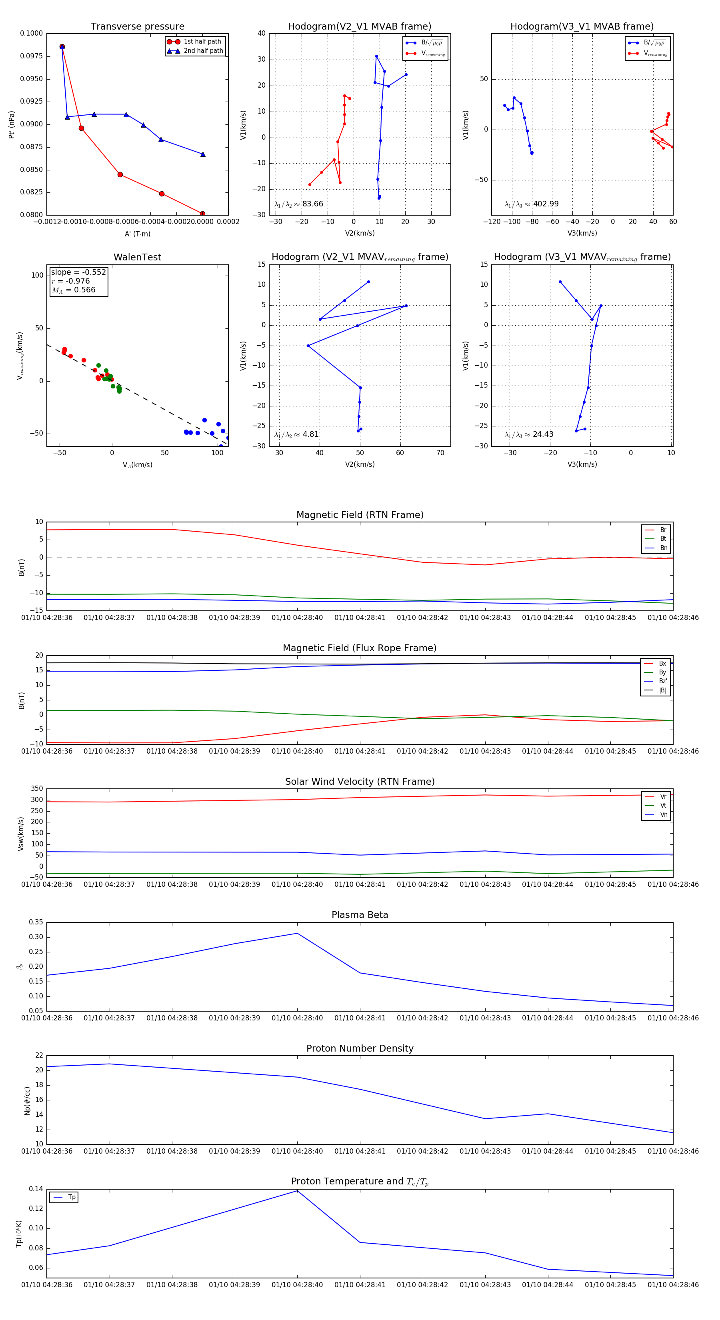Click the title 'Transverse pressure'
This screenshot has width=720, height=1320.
[137, 27]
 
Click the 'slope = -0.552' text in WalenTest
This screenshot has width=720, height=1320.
[78, 272]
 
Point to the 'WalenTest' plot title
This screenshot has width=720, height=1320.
[137, 257]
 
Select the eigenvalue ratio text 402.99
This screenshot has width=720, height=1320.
[545, 204]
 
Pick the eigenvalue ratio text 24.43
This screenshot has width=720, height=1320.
[543, 434]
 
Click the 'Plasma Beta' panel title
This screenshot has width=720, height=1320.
[360, 915]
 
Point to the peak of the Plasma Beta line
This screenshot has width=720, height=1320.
[297, 933]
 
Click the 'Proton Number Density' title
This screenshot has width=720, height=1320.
[360, 1048]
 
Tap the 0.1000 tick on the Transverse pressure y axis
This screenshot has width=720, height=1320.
[31, 33]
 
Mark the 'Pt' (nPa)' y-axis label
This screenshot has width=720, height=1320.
[11, 124]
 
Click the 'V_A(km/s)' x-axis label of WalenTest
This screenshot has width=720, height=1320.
[137, 465]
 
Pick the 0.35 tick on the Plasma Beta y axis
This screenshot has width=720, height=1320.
[36, 922]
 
